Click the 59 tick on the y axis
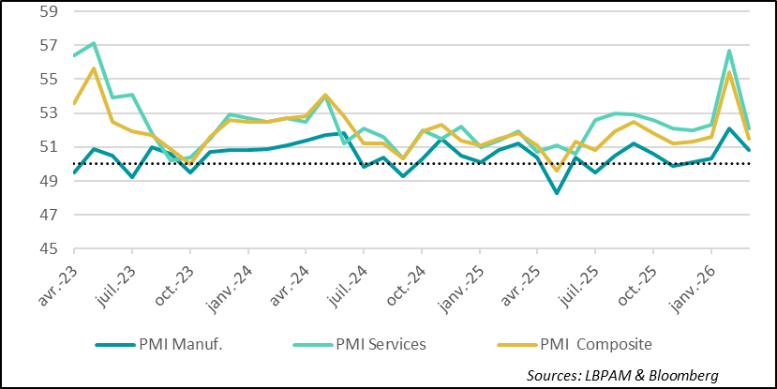point(46,12)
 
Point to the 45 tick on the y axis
point(46,248)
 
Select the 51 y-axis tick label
point(46,147)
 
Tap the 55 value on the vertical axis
point(46,80)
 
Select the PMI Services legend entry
point(380,344)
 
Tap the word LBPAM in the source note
point(611,375)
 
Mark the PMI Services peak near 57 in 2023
point(94,43)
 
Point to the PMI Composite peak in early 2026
point(729,72)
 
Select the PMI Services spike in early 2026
point(729,51)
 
